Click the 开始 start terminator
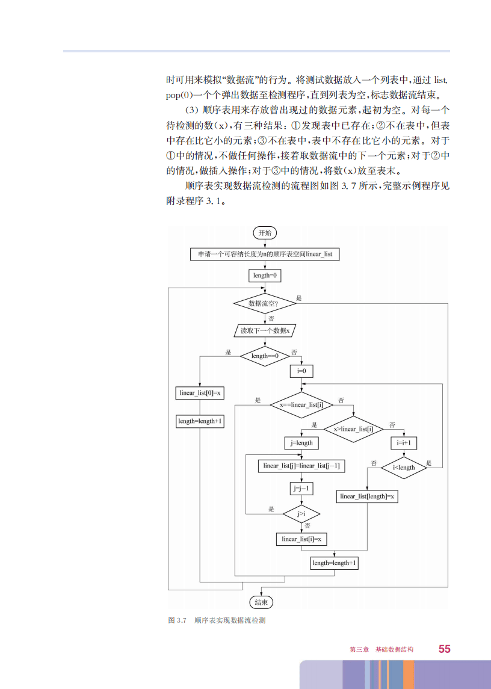(x=264, y=233)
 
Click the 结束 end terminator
(x=261, y=602)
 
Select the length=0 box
(x=264, y=276)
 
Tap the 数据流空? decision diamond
(x=264, y=303)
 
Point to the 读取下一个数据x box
(x=265, y=330)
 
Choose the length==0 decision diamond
(x=265, y=356)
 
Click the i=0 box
(x=301, y=371)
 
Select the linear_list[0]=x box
(x=200, y=394)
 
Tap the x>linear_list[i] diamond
(x=353, y=429)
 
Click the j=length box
(x=301, y=443)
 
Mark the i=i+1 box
(x=404, y=443)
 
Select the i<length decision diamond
(x=404, y=468)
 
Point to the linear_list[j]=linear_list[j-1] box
(x=301, y=466)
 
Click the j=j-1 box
(x=301, y=489)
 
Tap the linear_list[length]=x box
(x=367, y=496)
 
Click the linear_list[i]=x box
(x=301, y=539)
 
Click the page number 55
(x=445, y=649)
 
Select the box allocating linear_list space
(x=264, y=255)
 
